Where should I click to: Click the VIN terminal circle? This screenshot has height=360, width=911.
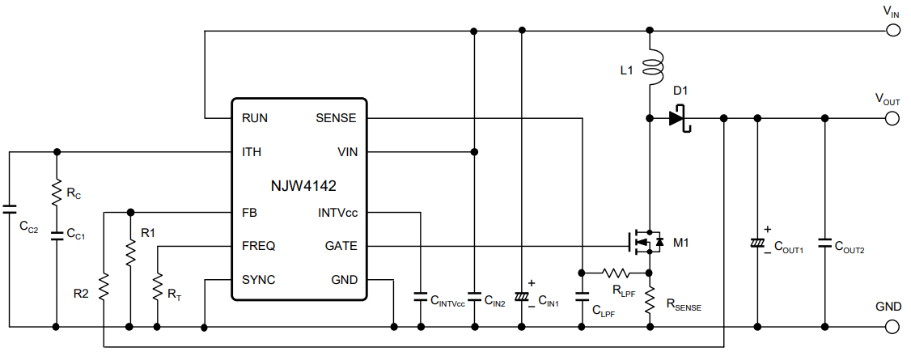tap(893, 32)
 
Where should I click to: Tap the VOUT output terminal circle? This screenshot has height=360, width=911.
tap(893, 118)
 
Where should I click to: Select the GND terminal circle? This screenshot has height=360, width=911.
tap(893, 327)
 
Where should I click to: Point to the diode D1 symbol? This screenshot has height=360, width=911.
tap(678, 118)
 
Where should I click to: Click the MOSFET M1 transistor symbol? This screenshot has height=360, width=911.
tap(645, 240)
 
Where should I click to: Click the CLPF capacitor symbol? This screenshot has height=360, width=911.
tap(582, 296)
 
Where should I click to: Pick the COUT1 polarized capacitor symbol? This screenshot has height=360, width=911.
tap(757, 244)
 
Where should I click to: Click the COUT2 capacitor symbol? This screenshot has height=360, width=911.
tap(824, 243)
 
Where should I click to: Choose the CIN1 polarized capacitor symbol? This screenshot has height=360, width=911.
tap(521, 297)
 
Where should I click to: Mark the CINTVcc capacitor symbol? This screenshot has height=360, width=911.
tap(420, 296)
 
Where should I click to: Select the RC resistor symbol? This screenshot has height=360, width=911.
tap(56, 192)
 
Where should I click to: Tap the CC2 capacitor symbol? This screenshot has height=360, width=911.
tap(9, 209)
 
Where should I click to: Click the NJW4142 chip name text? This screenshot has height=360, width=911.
tap(299, 184)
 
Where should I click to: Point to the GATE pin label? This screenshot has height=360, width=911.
tap(340, 246)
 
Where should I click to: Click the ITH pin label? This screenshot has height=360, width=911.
tap(252, 151)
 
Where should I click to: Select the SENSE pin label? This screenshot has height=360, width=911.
tap(335, 118)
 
